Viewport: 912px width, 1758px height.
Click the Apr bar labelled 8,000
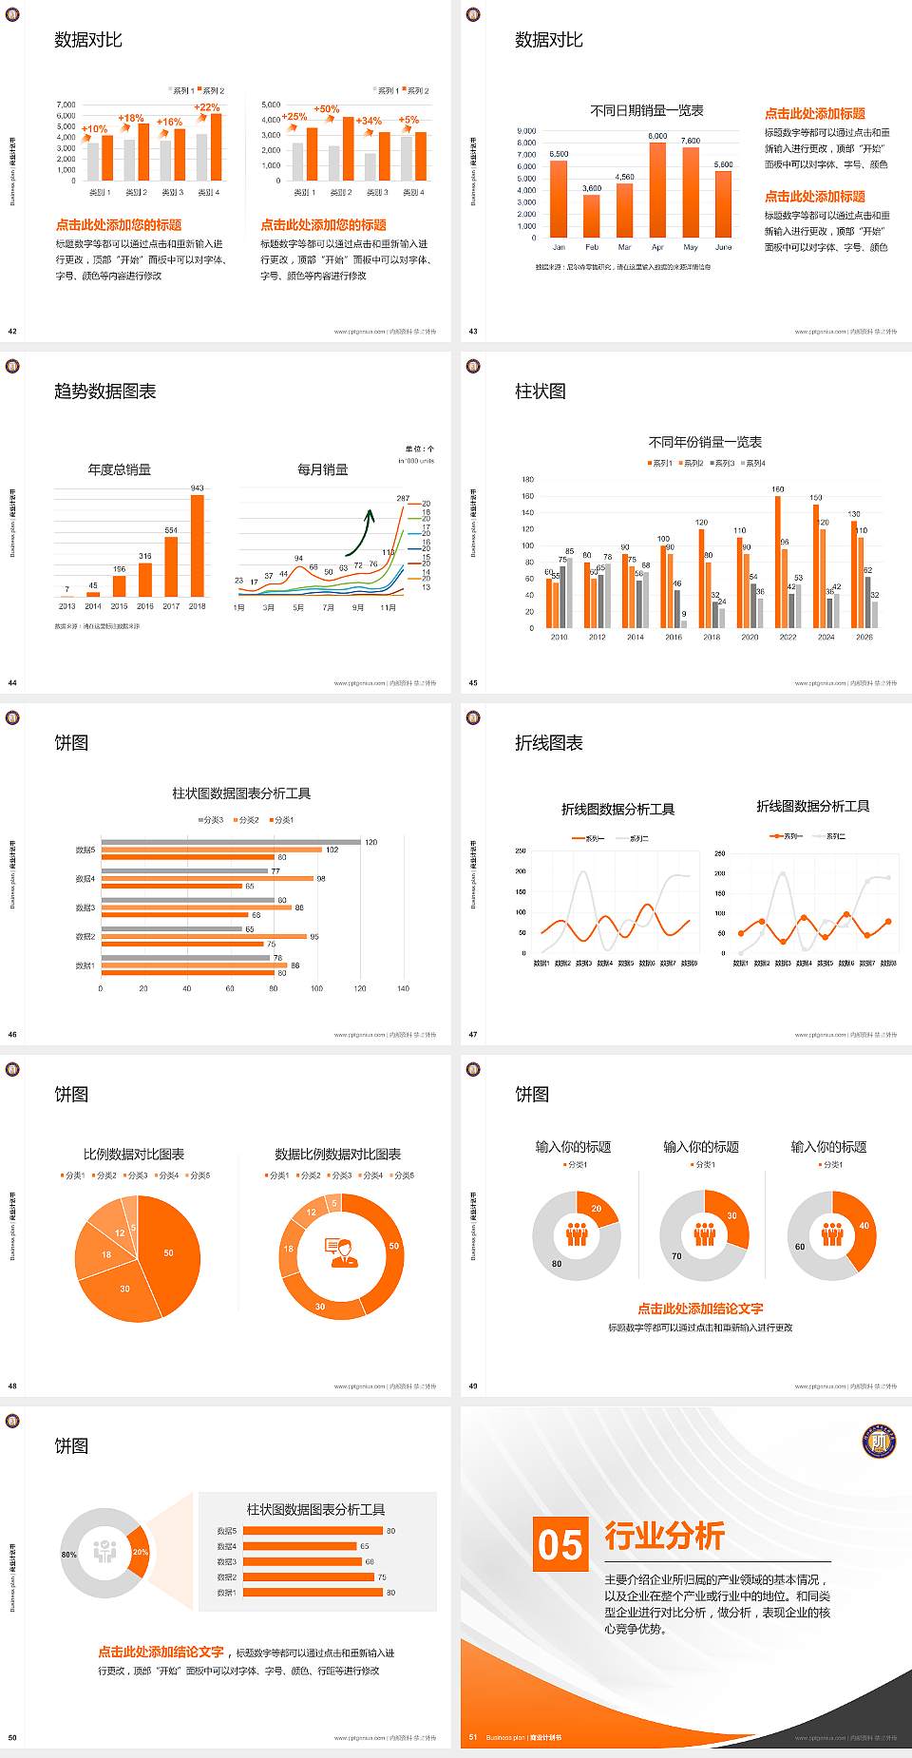[657, 189]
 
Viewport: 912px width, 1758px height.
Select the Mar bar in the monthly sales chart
[624, 210]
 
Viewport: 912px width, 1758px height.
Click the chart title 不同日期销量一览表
[646, 111]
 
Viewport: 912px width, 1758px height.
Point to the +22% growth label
[207, 107]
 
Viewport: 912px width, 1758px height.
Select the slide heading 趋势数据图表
[104, 392]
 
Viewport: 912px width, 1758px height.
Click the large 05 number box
[560, 1544]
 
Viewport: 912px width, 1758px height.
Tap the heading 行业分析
[664, 1535]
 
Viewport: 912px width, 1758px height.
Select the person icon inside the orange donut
[341, 1252]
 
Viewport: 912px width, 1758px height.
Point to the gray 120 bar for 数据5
[231, 842]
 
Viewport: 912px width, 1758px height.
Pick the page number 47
[473, 1035]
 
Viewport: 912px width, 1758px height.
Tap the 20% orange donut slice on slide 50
[140, 1552]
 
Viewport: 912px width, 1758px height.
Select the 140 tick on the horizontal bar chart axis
[403, 988]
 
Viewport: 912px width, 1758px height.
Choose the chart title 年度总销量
[119, 469]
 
